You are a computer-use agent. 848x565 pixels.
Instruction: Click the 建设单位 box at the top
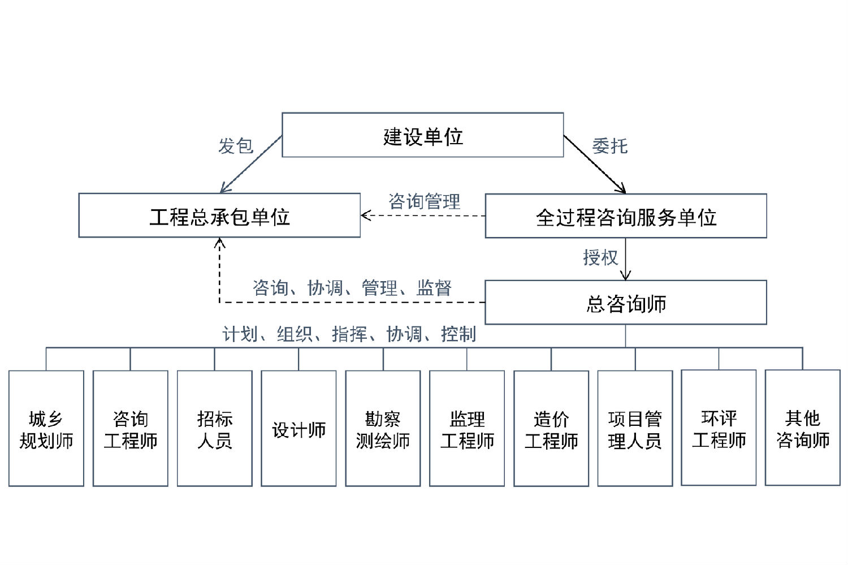tap(423, 135)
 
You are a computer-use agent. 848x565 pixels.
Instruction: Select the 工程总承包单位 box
tap(219, 215)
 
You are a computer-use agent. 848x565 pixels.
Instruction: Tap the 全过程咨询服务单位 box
tap(626, 216)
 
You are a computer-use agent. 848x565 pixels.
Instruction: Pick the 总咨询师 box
tap(626, 303)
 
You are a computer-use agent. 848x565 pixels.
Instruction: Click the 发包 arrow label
tap(236, 146)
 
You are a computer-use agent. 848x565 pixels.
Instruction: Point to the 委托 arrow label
tap(609, 146)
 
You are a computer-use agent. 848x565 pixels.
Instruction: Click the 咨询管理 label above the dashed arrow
tap(424, 201)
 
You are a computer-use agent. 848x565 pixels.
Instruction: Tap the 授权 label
tap(600, 257)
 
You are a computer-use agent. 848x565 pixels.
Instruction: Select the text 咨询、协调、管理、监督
tap(352, 288)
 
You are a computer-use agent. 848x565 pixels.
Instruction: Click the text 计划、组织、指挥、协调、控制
tap(349, 334)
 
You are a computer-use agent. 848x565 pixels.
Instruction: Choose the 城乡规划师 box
tap(46, 429)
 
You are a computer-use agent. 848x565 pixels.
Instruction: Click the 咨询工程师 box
tap(131, 429)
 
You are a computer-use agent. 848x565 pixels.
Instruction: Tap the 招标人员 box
tap(215, 429)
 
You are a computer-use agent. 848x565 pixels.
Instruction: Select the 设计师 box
tap(298, 429)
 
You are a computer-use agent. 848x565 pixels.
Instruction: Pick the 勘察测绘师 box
tap(383, 429)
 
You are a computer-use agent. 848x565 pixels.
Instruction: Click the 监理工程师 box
tap(467, 429)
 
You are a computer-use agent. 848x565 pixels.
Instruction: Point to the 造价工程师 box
tap(551, 429)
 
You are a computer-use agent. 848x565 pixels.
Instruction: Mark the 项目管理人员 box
tap(635, 429)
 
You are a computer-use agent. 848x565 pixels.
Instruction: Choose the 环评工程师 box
tap(719, 428)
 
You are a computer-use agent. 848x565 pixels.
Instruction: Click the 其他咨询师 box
tap(803, 428)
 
